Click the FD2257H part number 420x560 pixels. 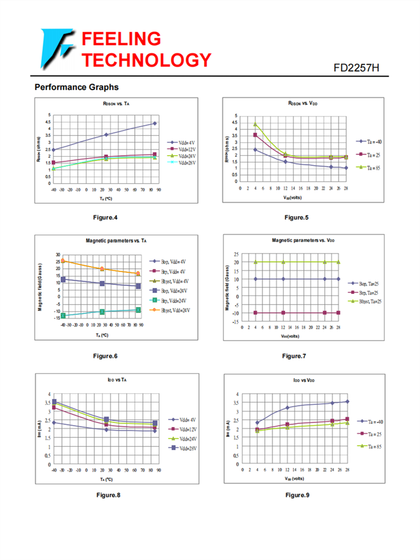pyautogui.click(x=356, y=68)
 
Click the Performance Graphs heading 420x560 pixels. pyautogui.click(x=76, y=87)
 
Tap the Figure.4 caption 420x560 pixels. pyautogui.click(x=105, y=217)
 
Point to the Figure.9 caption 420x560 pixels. pyautogui.click(x=297, y=495)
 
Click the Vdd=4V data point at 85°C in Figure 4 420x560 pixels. pyautogui.click(x=155, y=123)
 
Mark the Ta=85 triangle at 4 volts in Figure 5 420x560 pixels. pyautogui.click(x=255, y=124)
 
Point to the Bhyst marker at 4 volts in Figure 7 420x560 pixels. pyautogui.click(x=255, y=262)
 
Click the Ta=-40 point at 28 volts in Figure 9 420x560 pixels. pyautogui.click(x=347, y=401)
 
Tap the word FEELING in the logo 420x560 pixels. pyautogui.click(x=122, y=39)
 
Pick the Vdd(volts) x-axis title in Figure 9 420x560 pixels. pyautogui.click(x=294, y=479)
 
